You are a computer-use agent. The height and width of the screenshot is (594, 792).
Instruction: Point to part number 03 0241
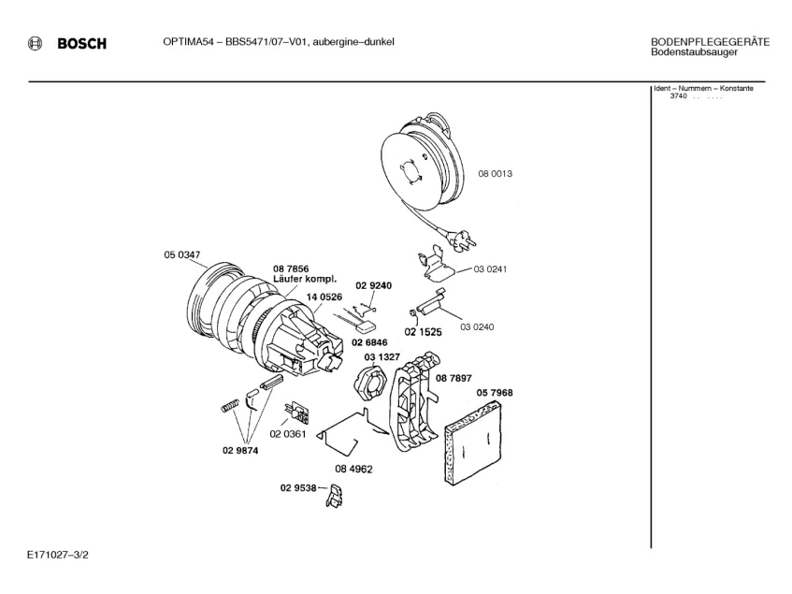coord(490,269)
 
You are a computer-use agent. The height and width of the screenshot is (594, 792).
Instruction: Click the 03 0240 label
coord(477,326)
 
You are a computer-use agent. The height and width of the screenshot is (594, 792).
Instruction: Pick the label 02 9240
coord(373,285)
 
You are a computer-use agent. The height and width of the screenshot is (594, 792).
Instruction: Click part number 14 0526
coord(324,297)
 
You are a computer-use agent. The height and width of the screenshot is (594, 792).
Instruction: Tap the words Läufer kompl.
coord(298,279)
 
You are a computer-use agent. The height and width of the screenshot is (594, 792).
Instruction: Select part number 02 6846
coord(369,342)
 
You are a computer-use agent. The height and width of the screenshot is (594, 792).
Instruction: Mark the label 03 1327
coord(382,357)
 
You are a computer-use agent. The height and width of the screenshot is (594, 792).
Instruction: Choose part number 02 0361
coord(289,434)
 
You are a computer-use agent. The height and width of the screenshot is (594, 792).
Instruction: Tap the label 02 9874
coord(240,450)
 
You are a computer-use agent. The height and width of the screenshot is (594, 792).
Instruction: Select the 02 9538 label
coord(298,487)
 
